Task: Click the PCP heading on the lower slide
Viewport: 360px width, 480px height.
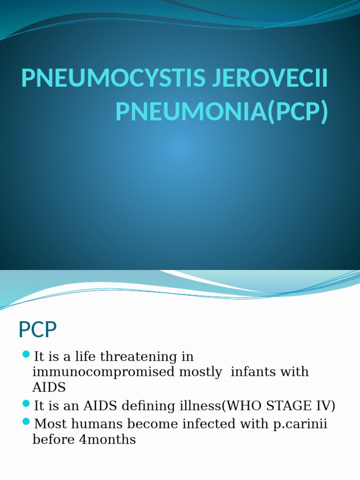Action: coord(37,330)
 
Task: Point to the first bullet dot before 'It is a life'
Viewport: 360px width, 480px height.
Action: coord(26,354)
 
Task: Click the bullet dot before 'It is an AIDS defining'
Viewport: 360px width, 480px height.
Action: coord(26,403)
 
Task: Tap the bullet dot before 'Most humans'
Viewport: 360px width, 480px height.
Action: coord(26,421)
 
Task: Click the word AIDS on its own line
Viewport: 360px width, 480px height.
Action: coord(49,387)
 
